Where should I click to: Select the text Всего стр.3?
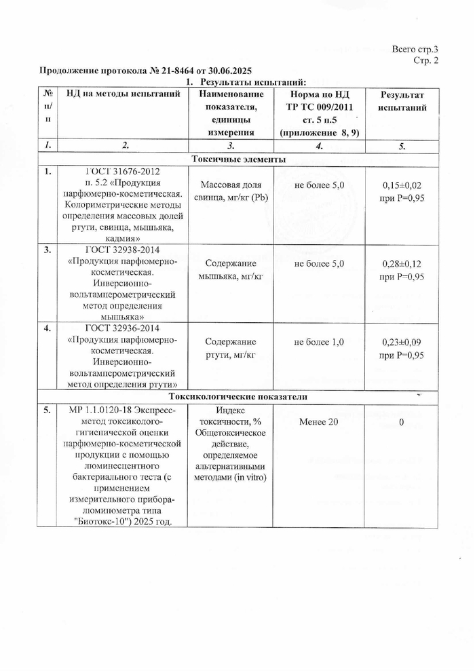click(415, 50)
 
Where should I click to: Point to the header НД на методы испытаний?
click(122, 94)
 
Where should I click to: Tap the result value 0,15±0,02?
click(402, 185)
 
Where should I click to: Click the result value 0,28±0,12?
click(402, 263)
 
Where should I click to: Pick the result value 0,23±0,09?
click(402, 343)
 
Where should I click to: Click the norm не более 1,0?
click(319, 342)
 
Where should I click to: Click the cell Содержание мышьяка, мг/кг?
click(231, 269)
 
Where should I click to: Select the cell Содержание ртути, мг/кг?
click(231, 348)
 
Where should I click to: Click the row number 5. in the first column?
click(47, 410)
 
